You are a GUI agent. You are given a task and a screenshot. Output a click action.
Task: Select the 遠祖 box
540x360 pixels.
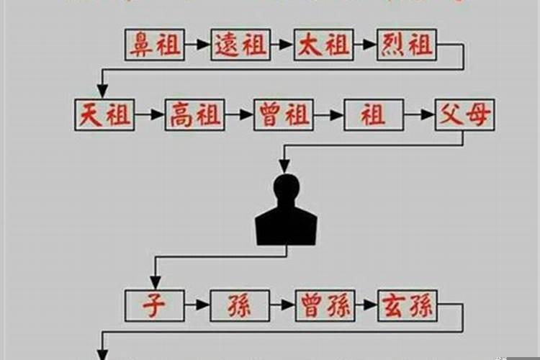tap(240, 45)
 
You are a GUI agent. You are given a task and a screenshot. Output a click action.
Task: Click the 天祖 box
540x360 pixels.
tap(104, 114)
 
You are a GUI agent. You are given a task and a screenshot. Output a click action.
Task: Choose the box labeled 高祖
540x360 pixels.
tap(194, 114)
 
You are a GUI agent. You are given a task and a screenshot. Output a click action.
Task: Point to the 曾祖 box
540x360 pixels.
tap(283, 114)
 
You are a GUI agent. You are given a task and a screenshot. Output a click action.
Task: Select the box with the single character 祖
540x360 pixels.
tap(374, 114)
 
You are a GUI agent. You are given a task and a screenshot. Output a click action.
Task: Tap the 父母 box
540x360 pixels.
tap(464, 114)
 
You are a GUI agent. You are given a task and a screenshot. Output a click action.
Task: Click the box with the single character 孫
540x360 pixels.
tap(240, 305)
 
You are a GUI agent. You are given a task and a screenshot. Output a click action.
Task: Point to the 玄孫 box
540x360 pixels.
tap(408, 305)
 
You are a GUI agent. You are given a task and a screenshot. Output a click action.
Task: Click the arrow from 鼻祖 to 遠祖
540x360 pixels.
tap(197, 45)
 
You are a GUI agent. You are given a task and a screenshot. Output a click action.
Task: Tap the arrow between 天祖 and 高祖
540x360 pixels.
tap(149, 114)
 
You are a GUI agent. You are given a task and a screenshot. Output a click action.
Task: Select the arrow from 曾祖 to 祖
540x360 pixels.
tap(328, 114)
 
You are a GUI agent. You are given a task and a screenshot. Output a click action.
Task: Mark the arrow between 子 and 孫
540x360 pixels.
tap(197, 305)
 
